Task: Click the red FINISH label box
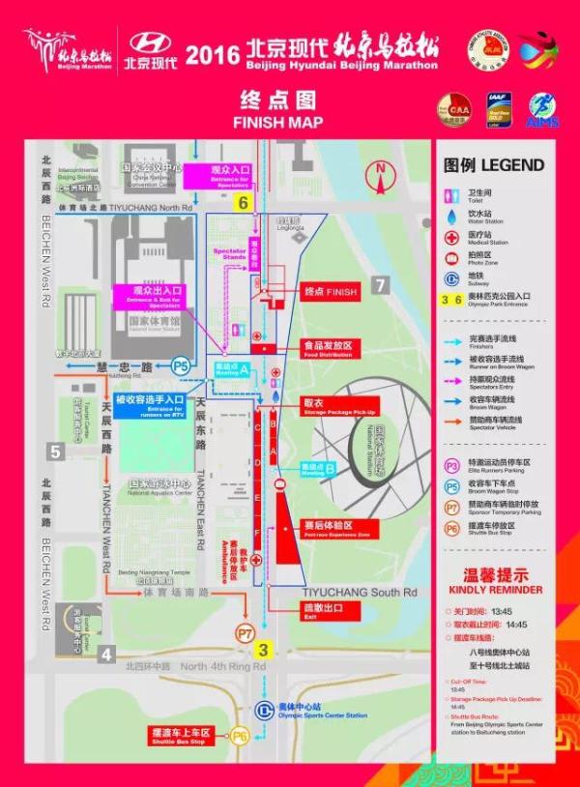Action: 330,292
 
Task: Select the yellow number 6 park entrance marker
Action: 244,202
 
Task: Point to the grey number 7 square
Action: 380,284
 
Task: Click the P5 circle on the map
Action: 181,366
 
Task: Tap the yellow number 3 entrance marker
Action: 263,650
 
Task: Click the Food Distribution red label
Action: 328,345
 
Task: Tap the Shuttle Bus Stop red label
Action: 179,736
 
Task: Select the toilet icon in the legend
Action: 449,195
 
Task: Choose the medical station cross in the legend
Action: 449,236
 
